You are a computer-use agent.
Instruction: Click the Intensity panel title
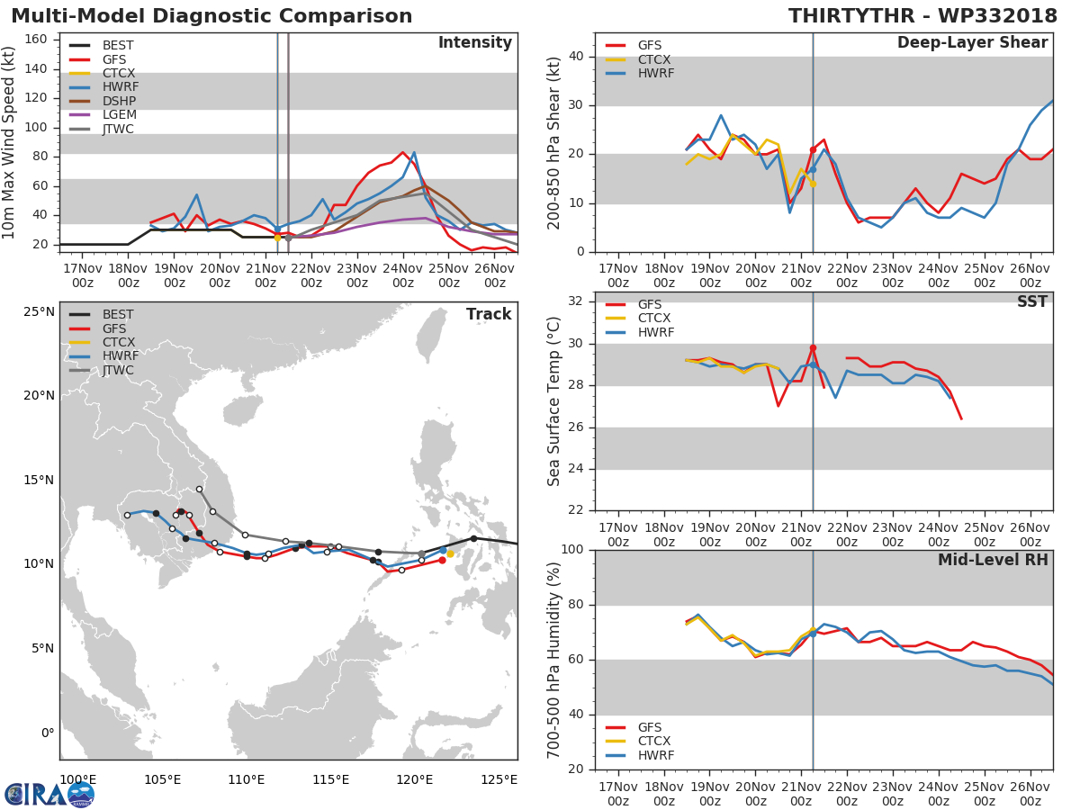(x=474, y=42)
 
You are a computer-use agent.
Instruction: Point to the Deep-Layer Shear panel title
(x=972, y=42)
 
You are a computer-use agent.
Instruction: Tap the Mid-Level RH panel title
(x=993, y=560)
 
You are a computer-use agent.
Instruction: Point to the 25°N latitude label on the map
(x=40, y=311)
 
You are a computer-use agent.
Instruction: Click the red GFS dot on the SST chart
(x=813, y=347)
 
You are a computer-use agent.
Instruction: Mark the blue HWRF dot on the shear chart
(x=812, y=169)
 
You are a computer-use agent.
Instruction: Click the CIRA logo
(x=49, y=794)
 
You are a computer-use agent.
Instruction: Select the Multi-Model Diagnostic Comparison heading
(x=211, y=16)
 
